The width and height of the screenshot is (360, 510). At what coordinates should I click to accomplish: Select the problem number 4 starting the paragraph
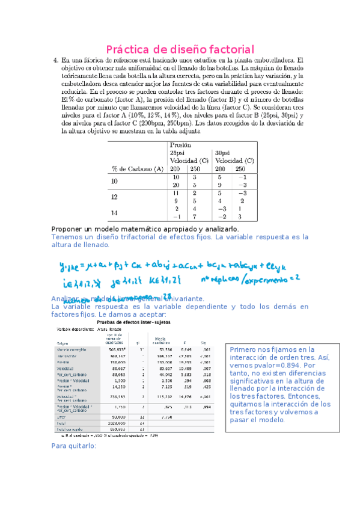point(56,60)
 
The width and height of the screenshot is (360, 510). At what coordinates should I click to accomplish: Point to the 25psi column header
point(180,153)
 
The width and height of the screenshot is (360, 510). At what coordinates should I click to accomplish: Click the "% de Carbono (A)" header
point(137,169)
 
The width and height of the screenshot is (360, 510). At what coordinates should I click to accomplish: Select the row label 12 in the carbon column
point(114,197)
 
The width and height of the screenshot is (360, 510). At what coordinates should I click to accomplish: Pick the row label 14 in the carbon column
point(114,213)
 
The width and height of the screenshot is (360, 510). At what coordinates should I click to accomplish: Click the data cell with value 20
point(176,185)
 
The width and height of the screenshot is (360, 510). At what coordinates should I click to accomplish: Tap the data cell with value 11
point(176,194)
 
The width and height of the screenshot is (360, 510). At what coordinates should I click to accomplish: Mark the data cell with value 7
point(194,217)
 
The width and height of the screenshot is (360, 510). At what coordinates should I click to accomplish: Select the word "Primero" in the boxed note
point(245,349)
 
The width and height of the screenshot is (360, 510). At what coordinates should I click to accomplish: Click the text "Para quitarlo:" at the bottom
point(79,445)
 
